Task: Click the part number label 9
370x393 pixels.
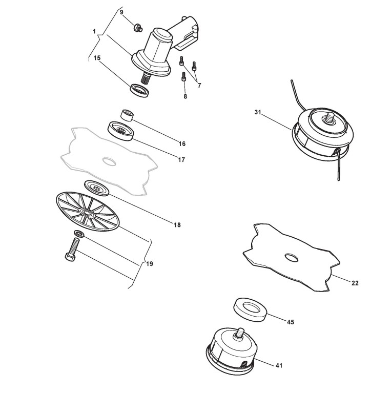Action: coord(121,12)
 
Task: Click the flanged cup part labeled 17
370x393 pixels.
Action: coord(121,130)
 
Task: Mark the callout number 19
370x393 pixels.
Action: coord(150,264)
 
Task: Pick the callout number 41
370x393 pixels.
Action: coord(279,365)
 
